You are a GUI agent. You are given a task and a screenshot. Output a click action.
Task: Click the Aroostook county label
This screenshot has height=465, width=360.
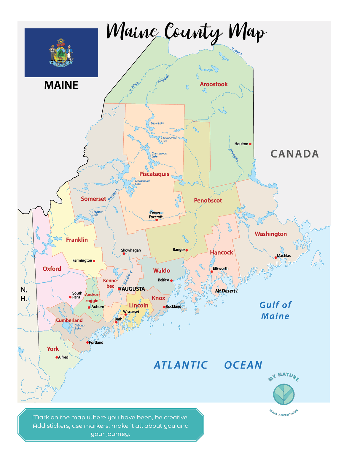[214, 84]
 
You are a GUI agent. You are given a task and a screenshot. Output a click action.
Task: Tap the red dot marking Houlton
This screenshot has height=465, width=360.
[250, 144]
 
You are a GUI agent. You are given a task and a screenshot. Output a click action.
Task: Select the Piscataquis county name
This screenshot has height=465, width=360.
[154, 174]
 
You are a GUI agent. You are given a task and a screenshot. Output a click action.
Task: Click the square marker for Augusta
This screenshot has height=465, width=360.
[119, 289]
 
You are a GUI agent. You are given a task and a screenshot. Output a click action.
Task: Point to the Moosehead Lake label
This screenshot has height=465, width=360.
[142, 183]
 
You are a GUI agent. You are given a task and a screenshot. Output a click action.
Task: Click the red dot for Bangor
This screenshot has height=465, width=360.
[187, 250]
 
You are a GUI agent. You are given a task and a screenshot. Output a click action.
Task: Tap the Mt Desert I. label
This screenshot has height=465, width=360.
[227, 291]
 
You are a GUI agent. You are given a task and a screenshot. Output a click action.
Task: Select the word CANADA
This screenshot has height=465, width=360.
[294, 154]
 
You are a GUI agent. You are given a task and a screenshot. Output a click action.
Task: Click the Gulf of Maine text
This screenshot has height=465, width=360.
[275, 310]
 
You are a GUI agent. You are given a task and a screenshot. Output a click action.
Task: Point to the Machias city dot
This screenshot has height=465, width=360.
[275, 258]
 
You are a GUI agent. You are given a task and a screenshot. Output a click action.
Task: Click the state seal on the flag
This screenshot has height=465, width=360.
[61, 53]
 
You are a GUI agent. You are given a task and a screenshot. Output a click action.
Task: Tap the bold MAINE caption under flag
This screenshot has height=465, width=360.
[61, 86]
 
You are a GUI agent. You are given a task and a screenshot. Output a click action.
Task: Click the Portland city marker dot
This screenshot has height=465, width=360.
[87, 342]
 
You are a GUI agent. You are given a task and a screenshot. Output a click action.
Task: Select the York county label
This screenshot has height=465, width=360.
[53, 349]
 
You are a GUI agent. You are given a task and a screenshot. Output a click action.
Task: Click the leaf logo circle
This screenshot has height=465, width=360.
[283, 395]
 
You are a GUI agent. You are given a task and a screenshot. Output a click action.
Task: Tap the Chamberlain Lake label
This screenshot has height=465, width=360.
[169, 139]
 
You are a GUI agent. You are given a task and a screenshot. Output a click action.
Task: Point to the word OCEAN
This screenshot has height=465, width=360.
[243, 365]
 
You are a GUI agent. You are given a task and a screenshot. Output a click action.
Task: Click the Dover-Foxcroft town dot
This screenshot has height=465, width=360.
[157, 220]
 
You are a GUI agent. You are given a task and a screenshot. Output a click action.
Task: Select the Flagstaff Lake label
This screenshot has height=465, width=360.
[97, 213]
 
